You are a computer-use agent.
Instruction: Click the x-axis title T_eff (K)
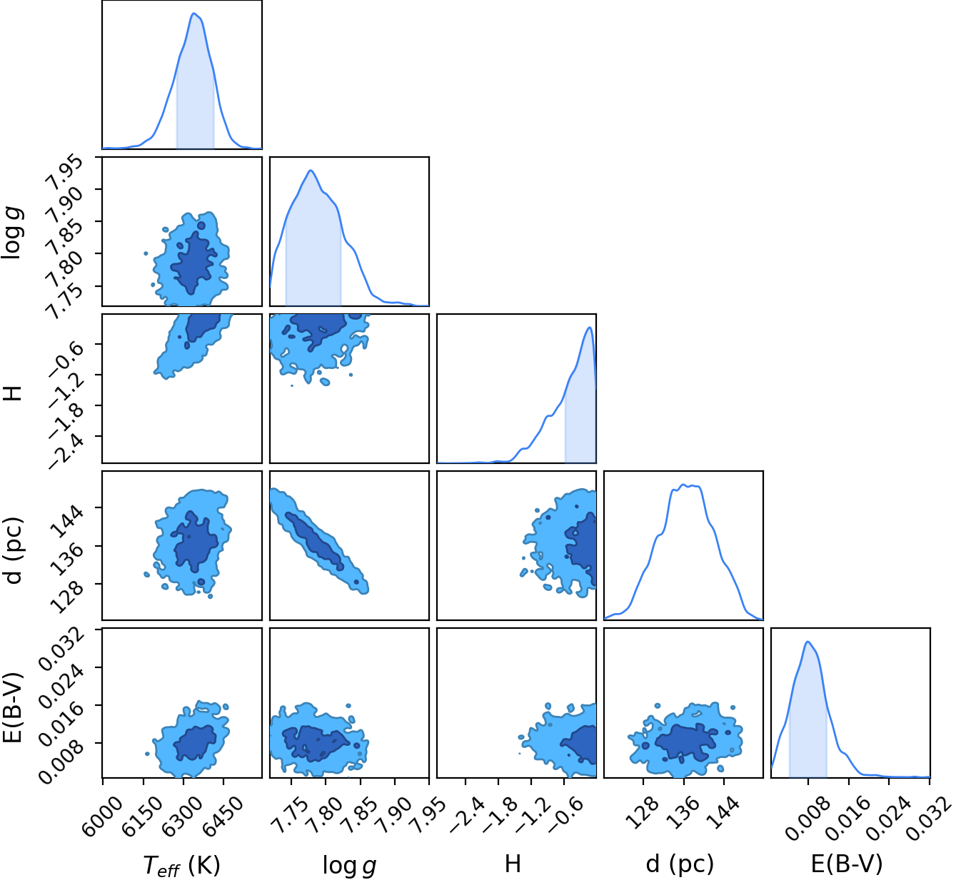(181, 864)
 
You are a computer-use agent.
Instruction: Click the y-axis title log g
(11, 232)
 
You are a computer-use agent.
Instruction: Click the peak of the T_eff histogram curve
(193, 13)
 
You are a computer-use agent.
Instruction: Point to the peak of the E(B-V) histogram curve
(807, 642)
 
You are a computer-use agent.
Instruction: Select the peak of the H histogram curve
(590, 327)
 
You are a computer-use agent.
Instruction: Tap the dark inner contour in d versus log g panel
(314, 541)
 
